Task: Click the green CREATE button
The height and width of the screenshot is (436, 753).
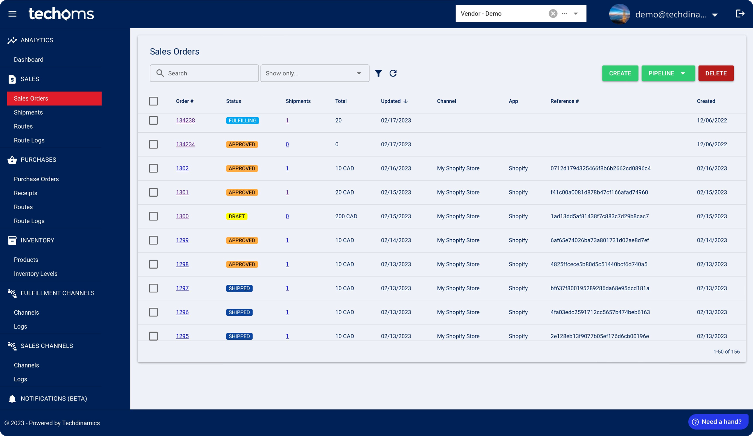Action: click(620, 73)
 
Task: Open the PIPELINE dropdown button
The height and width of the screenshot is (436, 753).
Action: click(668, 73)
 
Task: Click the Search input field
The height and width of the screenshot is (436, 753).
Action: click(209, 73)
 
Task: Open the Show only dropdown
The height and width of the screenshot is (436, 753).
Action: click(314, 73)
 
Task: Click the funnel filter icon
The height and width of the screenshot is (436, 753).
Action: click(378, 73)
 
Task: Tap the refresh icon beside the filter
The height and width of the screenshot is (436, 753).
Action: click(393, 73)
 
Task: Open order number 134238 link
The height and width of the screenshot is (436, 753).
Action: click(185, 120)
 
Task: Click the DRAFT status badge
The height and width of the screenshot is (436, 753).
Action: click(236, 216)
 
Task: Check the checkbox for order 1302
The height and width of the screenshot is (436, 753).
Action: click(153, 168)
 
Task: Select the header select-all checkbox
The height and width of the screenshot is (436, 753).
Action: click(153, 101)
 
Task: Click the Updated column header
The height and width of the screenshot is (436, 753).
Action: click(391, 101)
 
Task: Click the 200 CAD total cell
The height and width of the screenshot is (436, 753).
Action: click(346, 216)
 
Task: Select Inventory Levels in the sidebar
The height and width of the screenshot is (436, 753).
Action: click(35, 274)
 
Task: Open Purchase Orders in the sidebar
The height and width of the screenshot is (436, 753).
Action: click(36, 179)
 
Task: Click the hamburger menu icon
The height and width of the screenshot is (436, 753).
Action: click(12, 14)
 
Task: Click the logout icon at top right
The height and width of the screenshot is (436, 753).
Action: click(740, 14)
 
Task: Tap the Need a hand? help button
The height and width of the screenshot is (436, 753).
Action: click(718, 422)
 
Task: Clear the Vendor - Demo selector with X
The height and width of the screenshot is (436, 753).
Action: click(553, 14)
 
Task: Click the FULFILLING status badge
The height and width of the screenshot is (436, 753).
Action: click(242, 120)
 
